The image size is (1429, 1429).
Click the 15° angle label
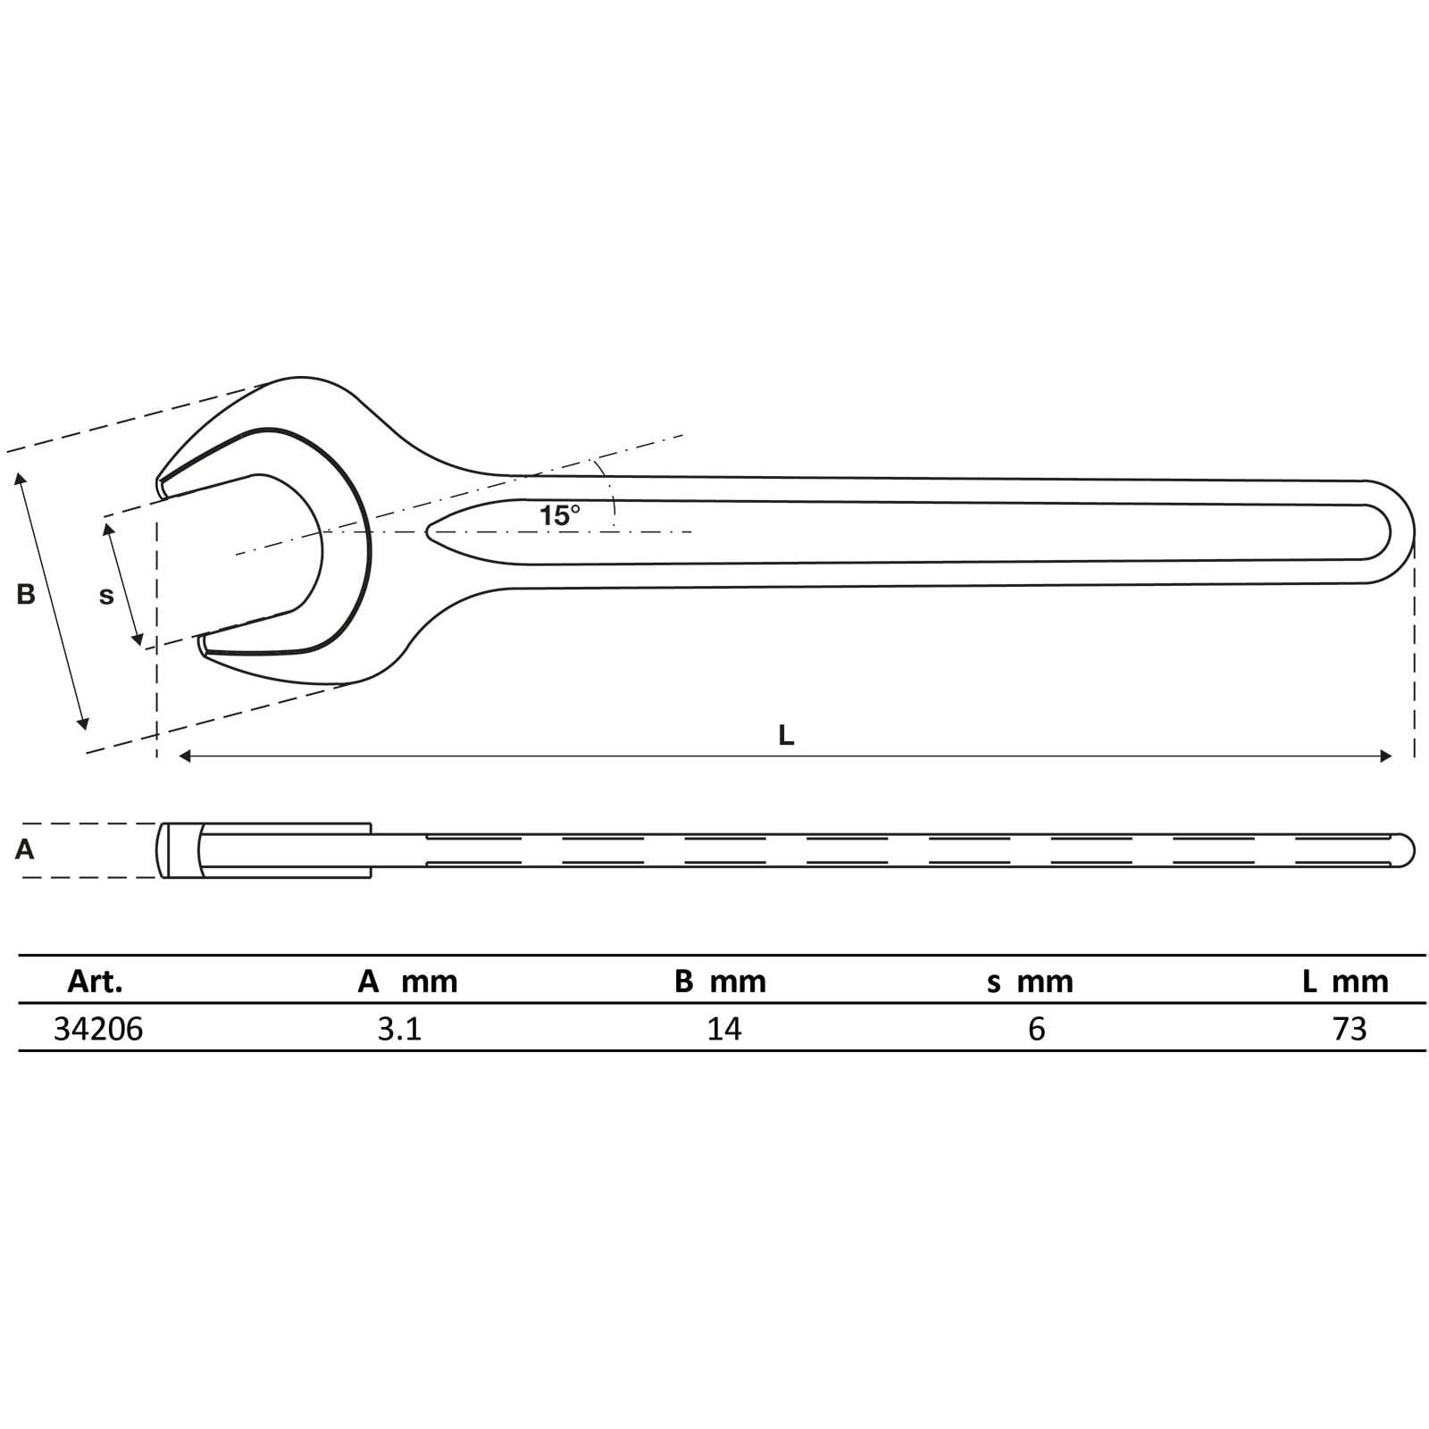[x=559, y=515]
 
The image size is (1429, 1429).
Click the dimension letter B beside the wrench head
[x=26, y=594]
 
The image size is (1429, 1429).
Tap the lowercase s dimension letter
[x=106, y=596]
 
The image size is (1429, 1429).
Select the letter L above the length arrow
[x=786, y=736]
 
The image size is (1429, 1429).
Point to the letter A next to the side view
[x=25, y=849]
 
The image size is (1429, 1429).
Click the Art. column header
[x=95, y=982]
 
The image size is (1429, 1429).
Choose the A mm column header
[x=407, y=982]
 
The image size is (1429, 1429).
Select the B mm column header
[x=720, y=982]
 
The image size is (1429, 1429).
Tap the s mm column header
[x=1030, y=982]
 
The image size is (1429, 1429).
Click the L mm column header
[x=1345, y=982]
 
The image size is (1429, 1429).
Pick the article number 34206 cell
[x=98, y=1029]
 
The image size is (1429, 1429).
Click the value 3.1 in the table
[x=399, y=1029]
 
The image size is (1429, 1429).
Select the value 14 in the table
[x=723, y=1029]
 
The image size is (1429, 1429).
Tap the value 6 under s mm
[x=1036, y=1029]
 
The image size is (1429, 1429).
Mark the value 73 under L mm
[x=1350, y=1029]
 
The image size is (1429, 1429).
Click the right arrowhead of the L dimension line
[x=1386, y=756]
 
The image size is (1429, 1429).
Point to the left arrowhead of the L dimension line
[x=185, y=756]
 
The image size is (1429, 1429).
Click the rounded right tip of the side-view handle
[x=1410, y=849]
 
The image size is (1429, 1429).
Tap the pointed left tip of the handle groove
[x=430, y=532]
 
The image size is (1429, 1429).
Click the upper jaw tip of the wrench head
[x=162, y=487]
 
